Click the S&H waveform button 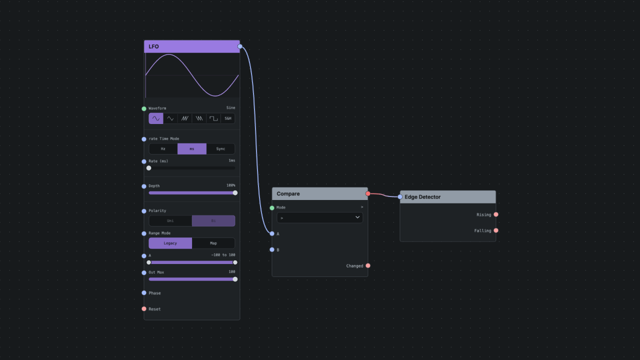coord(227,118)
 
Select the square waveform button coord(213,118)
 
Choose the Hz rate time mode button coord(163,149)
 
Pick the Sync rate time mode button coord(220,149)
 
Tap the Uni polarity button coord(170,221)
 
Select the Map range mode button coord(213,243)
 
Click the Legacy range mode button coord(170,243)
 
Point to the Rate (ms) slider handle coord(149,168)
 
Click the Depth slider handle coord(235,193)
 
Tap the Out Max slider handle coord(235,279)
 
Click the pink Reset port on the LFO coord(144,309)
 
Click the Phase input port coord(144,293)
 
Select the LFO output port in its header coord(240,46)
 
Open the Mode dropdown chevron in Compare coord(357,217)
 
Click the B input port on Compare coord(272,249)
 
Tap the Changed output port coord(368,265)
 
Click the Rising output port coord(496,214)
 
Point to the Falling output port coord(496,230)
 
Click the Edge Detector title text coord(422,197)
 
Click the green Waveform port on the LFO coord(144,108)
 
